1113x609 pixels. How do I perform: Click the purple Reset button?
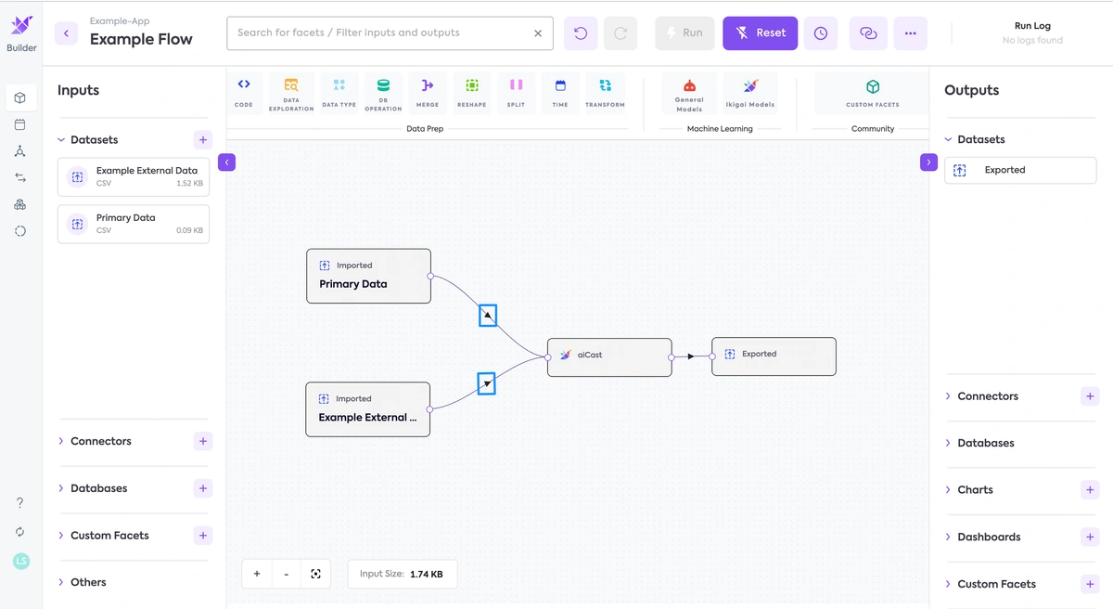click(x=760, y=33)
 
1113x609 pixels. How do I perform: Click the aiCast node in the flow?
click(x=609, y=356)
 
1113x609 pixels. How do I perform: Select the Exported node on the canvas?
click(x=774, y=356)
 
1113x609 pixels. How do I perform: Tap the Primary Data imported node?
click(x=369, y=276)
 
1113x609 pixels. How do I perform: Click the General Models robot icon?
click(x=689, y=86)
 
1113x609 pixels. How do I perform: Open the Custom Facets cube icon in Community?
click(x=873, y=87)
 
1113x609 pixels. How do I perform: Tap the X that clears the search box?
click(x=538, y=33)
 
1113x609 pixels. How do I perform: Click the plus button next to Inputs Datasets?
click(x=203, y=139)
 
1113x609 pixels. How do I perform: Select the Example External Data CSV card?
click(x=134, y=176)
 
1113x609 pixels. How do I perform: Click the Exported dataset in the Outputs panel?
click(x=1020, y=170)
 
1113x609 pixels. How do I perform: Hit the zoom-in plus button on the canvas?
click(x=257, y=574)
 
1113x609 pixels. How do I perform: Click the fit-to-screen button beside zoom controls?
click(x=315, y=574)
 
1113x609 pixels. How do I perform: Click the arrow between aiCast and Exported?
click(x=691, y=356)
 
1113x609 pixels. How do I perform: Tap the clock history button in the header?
click(x=820, y=33)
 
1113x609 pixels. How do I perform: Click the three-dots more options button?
click(x=910, y=33)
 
